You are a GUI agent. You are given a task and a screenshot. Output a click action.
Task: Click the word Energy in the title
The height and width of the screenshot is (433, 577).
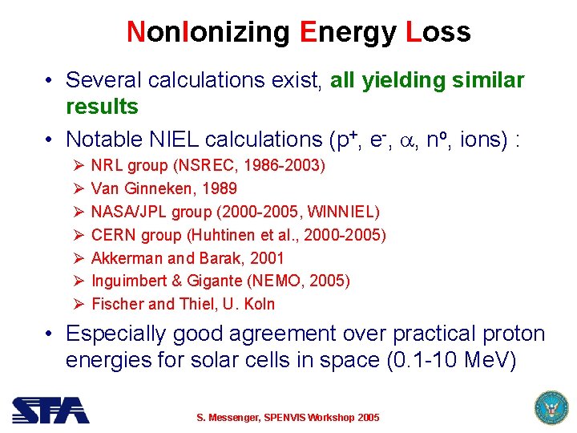pos(348,32)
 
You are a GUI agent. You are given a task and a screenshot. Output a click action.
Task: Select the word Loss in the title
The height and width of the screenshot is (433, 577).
pos(438,32)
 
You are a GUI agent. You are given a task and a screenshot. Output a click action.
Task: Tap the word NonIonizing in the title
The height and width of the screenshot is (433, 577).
pos(210,32)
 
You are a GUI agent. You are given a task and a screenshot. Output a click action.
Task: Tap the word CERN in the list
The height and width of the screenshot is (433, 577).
pos(113,235)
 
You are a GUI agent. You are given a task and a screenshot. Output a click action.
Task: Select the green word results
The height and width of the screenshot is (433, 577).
pos(102,107)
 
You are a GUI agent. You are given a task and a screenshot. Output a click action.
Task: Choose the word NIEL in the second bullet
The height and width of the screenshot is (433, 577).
pos(174,140)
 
